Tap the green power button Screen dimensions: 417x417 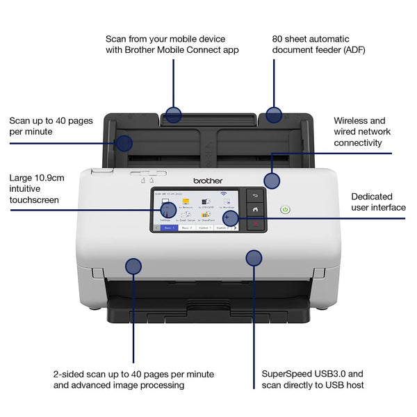(285, 209)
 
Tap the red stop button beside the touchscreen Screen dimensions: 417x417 (255, 223)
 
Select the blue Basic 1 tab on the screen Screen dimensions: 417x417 (168, 227)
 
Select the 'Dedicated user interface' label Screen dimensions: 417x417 (377, 202)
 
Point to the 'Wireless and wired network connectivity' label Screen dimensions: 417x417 (361, 131)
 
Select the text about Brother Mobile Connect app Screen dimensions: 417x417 (172, 44)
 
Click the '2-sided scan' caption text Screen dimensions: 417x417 (133, 379)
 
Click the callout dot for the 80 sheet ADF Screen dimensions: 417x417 (274, 115)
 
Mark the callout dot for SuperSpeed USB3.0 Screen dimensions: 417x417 (254, 258)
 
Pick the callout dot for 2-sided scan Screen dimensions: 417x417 (133, 265)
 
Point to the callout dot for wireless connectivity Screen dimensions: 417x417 (272, 181)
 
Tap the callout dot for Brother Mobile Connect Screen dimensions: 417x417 (173, 115)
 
